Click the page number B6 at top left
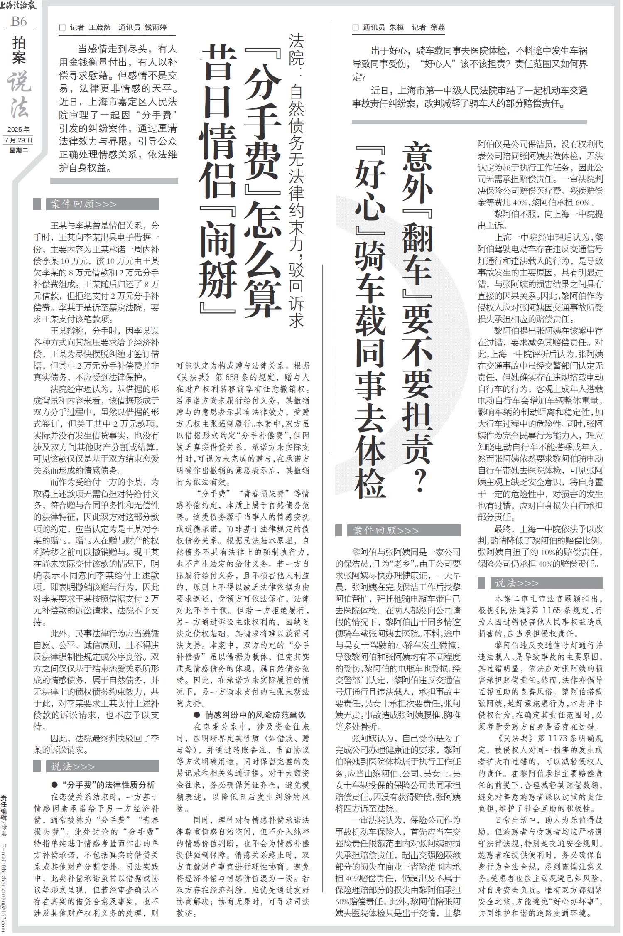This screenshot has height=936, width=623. tap(18, 21)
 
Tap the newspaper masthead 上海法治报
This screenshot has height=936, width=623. tap(18, 5)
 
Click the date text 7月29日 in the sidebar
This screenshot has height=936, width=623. tap(19, 140)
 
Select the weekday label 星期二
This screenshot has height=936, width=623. tap(19, 150)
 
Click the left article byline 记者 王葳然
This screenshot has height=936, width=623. tap(90, 27)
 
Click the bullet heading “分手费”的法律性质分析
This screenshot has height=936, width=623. tap(103, 784)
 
